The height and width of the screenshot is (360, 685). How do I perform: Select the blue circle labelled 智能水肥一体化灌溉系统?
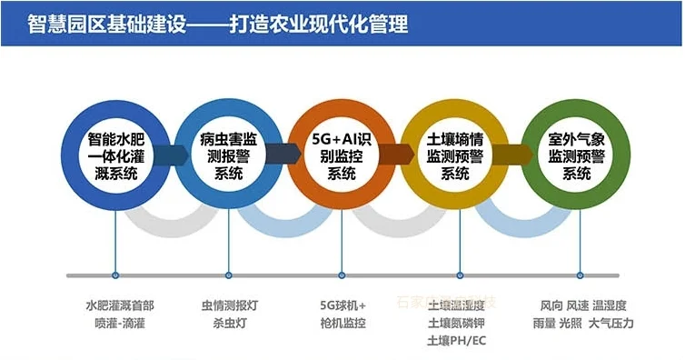coord(114,157)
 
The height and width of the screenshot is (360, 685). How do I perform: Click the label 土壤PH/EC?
coord(456,341)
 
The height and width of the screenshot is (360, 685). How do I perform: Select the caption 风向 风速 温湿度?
coord(583,305)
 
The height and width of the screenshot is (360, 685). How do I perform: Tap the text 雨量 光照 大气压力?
coord(583,323)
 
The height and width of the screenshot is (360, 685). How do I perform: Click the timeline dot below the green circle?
coord(579,274)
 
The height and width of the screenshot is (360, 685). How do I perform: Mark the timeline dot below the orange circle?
coord(342,274)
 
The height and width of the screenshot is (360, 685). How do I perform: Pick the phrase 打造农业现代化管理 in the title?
coord(319,23)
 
